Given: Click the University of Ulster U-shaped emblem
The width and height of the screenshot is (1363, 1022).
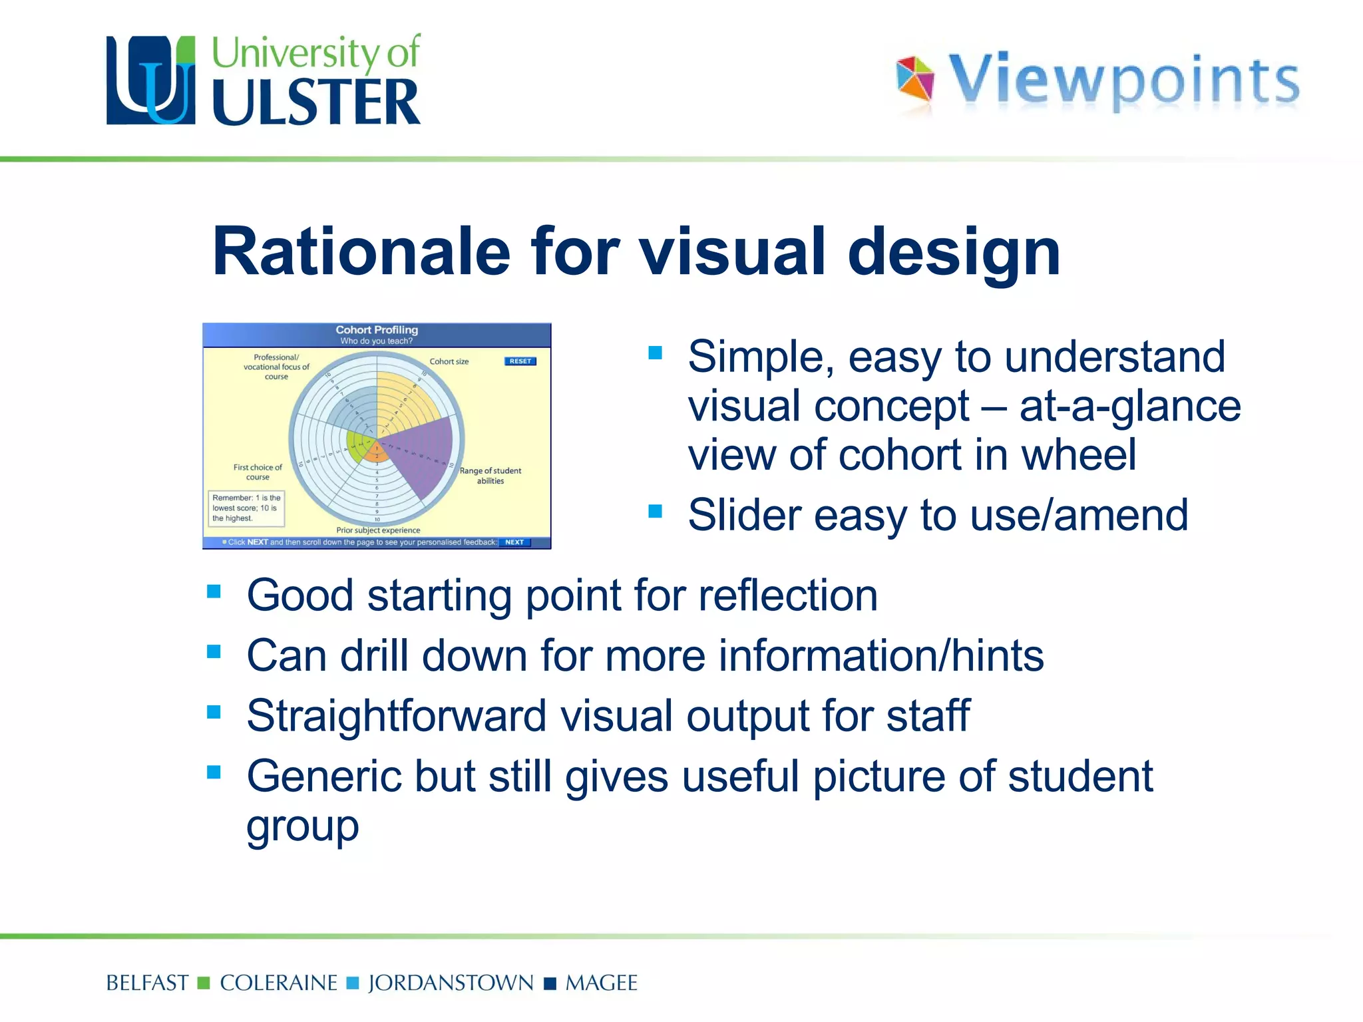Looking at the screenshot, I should click(x=151, y=81).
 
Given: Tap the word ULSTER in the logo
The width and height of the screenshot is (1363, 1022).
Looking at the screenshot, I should click(x=316, y=102).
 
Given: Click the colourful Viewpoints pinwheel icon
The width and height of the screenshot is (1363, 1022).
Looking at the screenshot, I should click(x=915, y=79).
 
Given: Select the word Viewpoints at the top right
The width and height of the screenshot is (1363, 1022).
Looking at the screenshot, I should click(x=1123, y=81).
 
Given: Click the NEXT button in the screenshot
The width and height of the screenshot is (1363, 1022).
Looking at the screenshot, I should click(x=514, y=542).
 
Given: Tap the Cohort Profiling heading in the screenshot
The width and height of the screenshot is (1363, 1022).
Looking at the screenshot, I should click(x=377, y=330).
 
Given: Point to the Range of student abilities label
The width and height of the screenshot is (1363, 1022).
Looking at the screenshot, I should click(x=490, y=475).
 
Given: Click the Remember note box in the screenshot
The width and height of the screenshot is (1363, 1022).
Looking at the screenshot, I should click(x=246, y=508).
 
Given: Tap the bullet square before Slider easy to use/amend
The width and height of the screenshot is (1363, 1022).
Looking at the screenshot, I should click(x=656, y=511).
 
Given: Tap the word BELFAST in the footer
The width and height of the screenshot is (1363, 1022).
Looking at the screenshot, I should click(x=147, y=983).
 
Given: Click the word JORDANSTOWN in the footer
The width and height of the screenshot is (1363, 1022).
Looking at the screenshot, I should click(x=451, y=983).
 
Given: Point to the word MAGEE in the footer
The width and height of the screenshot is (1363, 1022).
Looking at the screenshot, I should click(x=601, y=983).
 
